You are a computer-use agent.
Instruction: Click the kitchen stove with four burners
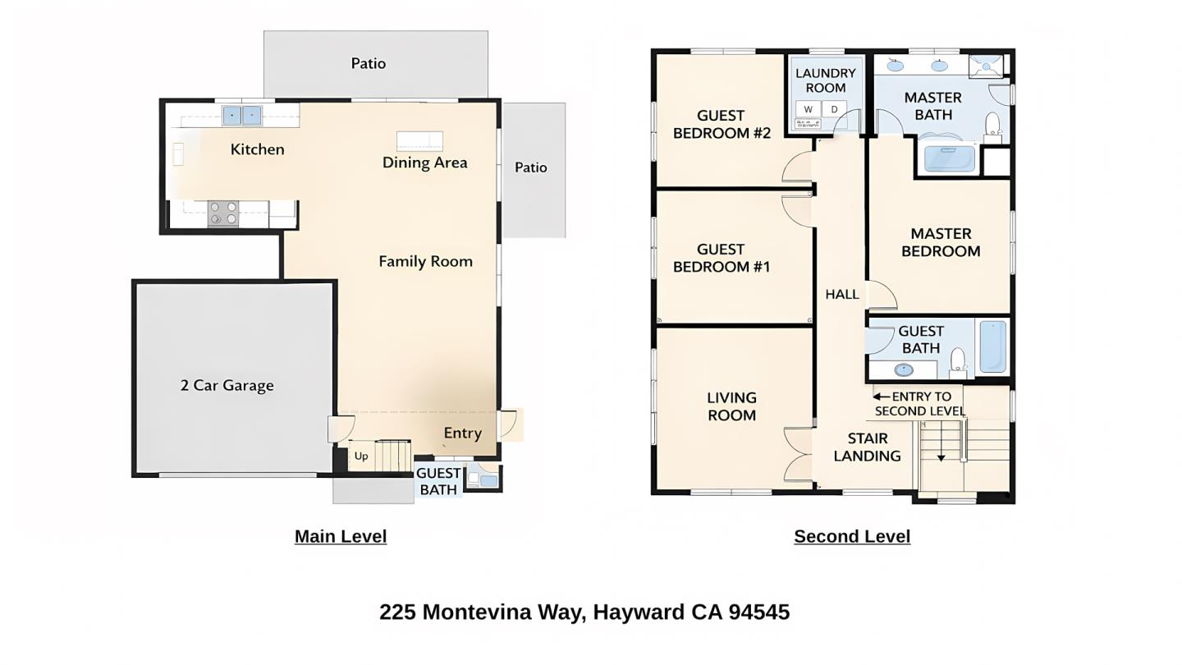click(x=223, y=213)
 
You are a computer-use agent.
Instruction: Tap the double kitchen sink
click(x=242, y=116)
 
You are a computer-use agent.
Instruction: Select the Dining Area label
click(x=424, y=163)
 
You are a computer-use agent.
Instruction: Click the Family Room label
click(x=425, y=262)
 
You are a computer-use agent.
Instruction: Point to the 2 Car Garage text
click(x=227, y=386)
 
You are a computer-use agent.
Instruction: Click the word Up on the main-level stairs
click(x=361, y=456)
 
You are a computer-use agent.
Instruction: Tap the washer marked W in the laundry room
click(x=809, y=109)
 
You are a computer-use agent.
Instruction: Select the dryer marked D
click(x=834, y=109)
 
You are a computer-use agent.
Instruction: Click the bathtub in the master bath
click(x=950, y=158)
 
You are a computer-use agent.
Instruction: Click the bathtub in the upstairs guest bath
click(x=992, y=346)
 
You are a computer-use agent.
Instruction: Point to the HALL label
click(x=842, y=295)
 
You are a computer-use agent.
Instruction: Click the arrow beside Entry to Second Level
click(x=878, y=396)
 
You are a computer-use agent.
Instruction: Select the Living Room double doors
click(x=796, y=453)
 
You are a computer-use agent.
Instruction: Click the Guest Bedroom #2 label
click(x=722, y=125)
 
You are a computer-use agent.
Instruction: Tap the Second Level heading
click(x=852, y=537)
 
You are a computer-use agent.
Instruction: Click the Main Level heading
click(x=341, y=537)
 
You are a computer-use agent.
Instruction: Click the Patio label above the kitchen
click(x=368, y=64)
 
